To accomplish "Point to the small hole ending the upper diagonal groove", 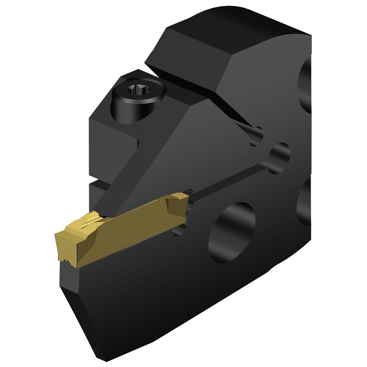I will point(257,135).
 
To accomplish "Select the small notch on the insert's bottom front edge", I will point(65,260).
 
